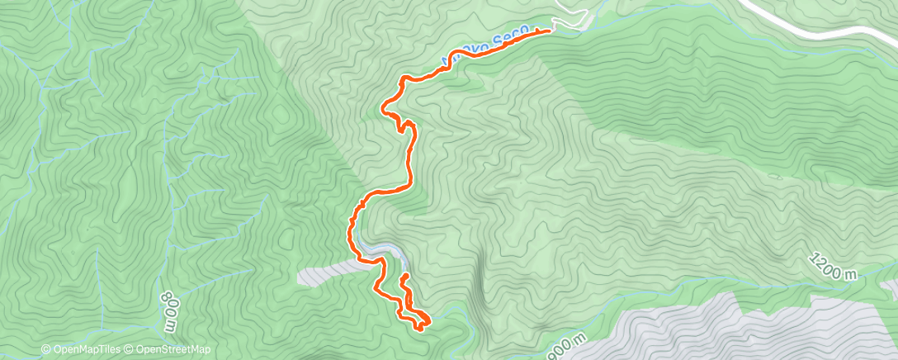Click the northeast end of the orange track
coord(549,31)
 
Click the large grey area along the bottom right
coord(743,330)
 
